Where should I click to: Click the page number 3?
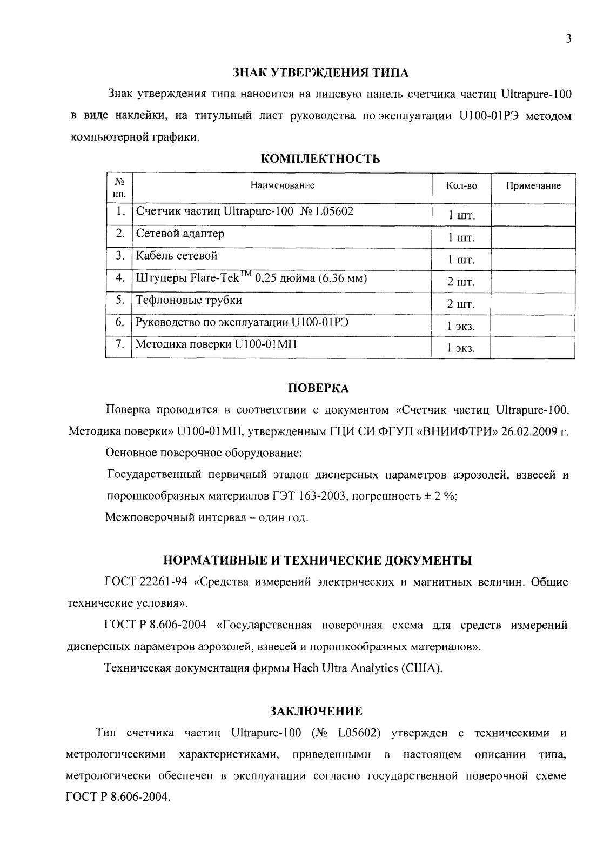tap(568, 38)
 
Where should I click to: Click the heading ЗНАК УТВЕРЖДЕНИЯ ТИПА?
tap(320, 72)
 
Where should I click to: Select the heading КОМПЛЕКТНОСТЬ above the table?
tap(320, 159)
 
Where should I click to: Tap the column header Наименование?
tap(282, 186)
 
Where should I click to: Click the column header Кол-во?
tap(461, 186)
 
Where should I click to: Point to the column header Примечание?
tap(533, 186)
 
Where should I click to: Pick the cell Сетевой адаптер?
tap(180, 234)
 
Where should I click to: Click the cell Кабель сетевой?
tap(177, 256)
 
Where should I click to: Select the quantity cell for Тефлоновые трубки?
tap(460, 304)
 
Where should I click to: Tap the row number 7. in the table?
tap(120, 344)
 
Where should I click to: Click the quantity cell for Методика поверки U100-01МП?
tap(460, 349)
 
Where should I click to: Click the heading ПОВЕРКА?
tap(317, 388)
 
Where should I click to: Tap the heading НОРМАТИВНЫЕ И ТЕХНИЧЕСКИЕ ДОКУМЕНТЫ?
tap(318, 561)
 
